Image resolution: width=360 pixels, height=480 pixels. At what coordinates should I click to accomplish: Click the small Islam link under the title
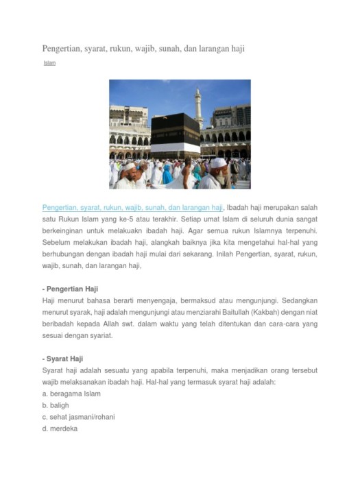49,64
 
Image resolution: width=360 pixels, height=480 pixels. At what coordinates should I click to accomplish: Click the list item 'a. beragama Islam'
71,394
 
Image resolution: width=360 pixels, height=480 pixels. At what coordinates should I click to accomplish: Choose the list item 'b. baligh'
56,405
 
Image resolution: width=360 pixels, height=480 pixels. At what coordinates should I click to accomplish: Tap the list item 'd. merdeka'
60,429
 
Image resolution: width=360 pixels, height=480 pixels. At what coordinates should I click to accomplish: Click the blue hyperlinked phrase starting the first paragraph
132,207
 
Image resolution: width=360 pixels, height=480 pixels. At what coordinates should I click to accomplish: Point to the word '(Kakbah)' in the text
244,313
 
